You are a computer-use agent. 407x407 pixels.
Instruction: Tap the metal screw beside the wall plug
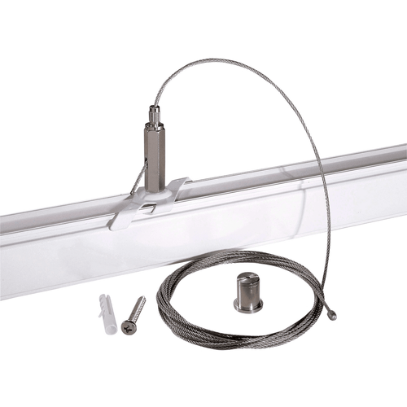[133, 313]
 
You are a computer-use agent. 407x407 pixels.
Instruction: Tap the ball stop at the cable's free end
[332, 316]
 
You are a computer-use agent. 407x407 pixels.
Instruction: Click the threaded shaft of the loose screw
[137, 308]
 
